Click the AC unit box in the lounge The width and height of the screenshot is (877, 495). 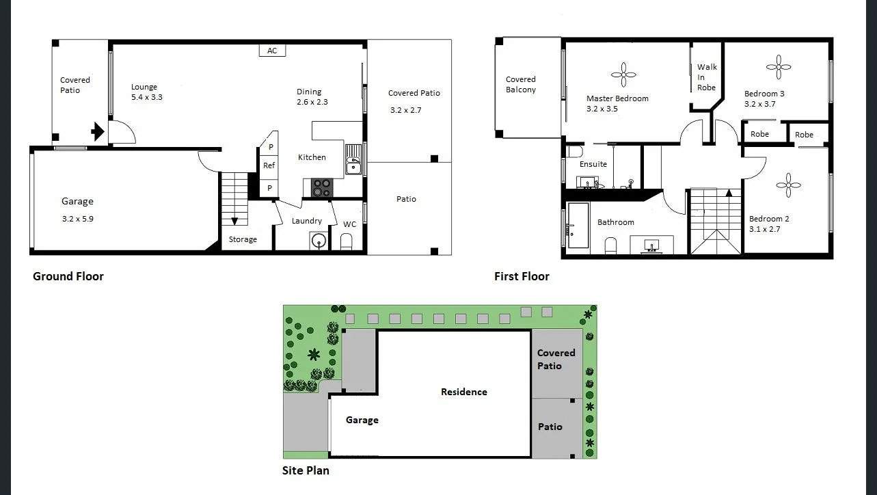[272, 51]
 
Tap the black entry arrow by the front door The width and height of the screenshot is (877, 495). [98, 131]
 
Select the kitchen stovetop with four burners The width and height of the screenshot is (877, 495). [322, 187]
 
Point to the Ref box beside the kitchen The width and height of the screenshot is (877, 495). [269, 166]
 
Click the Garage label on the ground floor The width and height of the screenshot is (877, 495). [77, 202]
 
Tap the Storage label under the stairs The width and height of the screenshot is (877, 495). [243, 239]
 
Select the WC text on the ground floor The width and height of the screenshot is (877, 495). [349, 224]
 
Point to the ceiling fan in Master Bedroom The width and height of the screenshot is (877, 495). [623, 75]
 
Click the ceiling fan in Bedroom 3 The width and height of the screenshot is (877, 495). [779, 67]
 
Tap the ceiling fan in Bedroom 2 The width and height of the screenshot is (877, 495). [788, 185]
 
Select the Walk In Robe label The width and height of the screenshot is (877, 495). [707, 77]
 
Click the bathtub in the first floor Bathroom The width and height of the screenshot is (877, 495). [578, 225]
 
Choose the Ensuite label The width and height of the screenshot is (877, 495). [593, 164]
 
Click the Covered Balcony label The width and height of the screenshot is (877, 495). [521, 85]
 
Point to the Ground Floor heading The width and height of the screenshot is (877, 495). [68, 277]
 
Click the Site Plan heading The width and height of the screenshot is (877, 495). [306, 471]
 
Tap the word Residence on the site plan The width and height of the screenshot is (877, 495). [464, 392]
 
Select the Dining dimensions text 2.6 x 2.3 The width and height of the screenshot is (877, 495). [312, 102]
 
